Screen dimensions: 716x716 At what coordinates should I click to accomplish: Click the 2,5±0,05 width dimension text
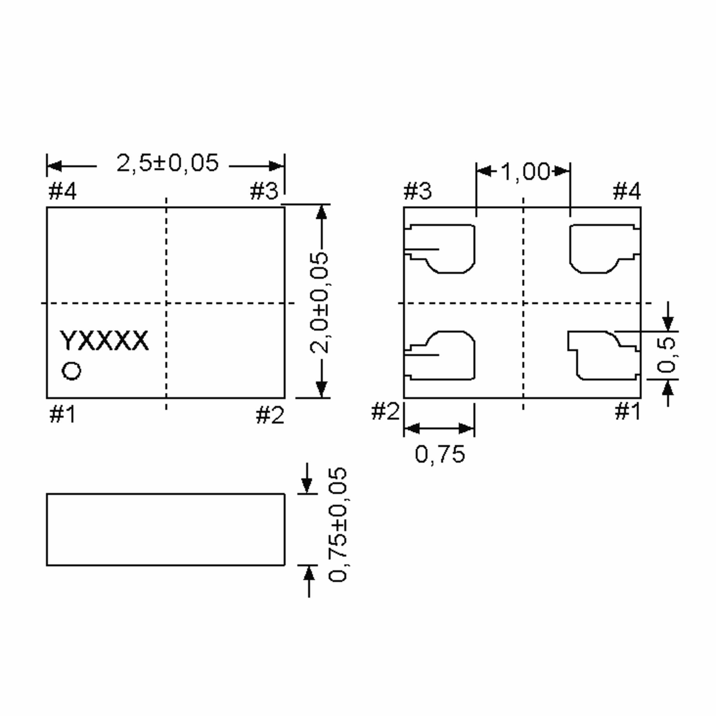(167, 163)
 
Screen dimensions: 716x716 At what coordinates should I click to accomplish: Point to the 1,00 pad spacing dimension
(525, 172)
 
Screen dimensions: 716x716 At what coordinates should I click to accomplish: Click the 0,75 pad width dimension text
(440, 454)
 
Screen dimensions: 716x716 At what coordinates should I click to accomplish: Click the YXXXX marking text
(104, 341)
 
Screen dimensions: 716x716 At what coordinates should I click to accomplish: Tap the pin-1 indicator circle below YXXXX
(72, 371)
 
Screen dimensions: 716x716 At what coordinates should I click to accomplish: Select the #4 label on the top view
(62, 192)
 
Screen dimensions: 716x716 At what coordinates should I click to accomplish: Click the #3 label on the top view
(263, 192)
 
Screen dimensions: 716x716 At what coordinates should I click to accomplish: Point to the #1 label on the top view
(62, 414)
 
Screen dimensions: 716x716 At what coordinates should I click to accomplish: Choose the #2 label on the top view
(270, 415)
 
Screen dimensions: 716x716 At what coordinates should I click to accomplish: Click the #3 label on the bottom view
(418, 192)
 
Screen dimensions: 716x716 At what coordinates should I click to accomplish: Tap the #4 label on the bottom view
(626, 192)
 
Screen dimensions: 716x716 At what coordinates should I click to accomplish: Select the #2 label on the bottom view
(385, 411)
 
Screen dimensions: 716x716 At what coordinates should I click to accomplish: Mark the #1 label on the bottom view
(628, 411)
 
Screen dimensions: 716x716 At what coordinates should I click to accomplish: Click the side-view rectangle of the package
(166, 530)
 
